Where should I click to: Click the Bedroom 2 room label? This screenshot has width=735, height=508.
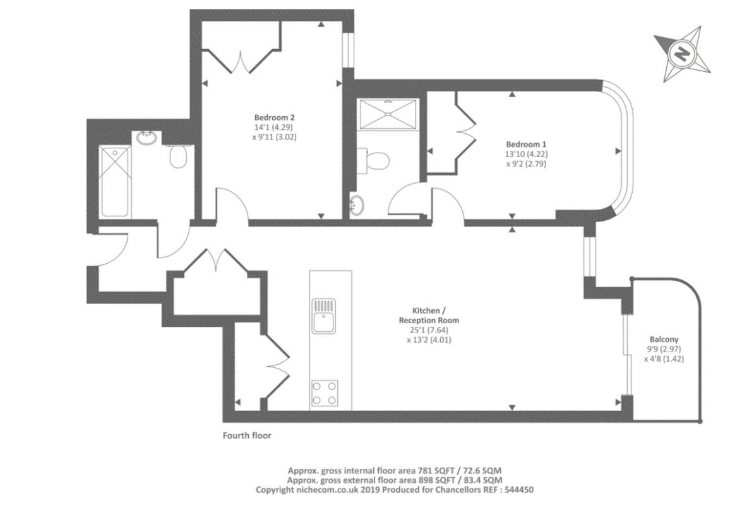point(274,117)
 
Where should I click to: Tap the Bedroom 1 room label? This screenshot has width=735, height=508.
point(526,145)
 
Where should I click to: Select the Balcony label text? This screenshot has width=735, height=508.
point(664,340)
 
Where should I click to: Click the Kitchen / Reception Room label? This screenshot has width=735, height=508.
point(429,316)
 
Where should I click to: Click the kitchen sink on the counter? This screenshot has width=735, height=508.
point(324,316)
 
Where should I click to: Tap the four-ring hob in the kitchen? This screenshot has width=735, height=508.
point(325,393)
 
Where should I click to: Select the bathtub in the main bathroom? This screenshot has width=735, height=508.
point(115,181)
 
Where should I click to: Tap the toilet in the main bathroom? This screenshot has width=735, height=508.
point(177,156)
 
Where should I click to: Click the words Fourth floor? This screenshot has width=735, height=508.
point(247,435)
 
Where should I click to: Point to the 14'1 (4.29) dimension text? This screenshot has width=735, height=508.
point(274,127)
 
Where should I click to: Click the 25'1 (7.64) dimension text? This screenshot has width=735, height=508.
point(429,331)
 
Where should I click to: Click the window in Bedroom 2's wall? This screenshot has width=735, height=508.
point(348,50)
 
